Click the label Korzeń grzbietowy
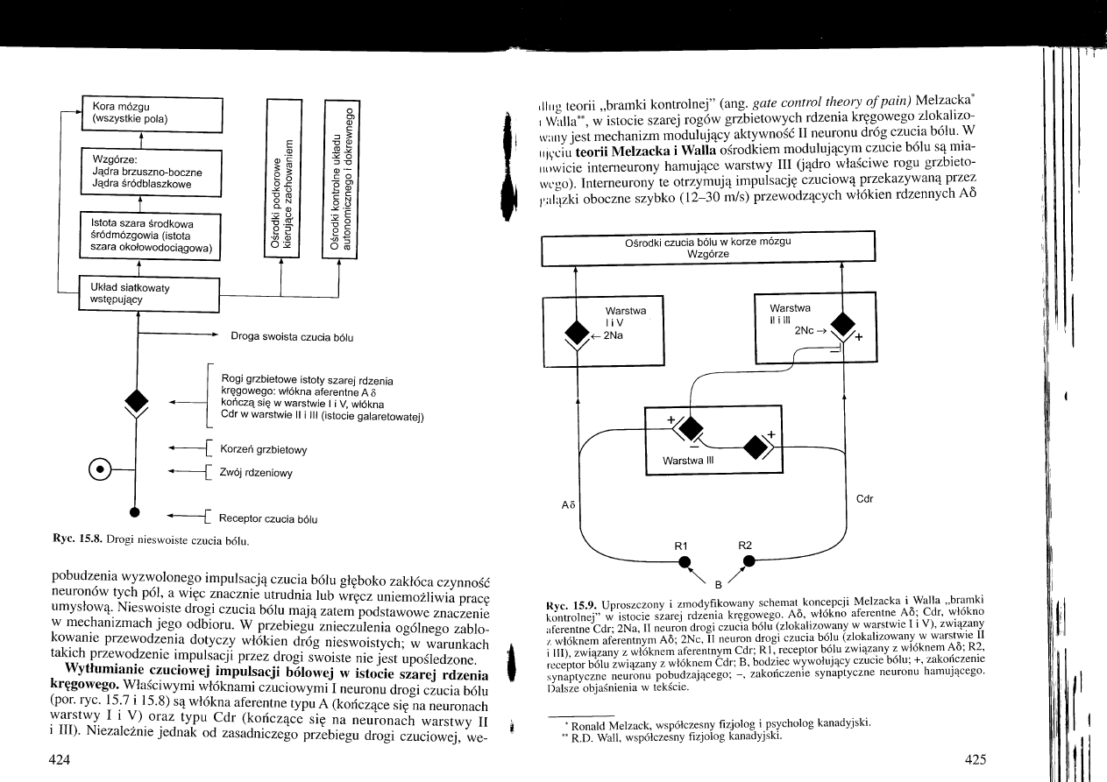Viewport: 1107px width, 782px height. tap(258, 449)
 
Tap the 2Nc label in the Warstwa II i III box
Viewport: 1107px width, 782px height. tap(804, 330)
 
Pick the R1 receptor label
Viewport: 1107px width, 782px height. tap(681, 545)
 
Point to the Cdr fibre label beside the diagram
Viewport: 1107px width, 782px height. tap(864, 499)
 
